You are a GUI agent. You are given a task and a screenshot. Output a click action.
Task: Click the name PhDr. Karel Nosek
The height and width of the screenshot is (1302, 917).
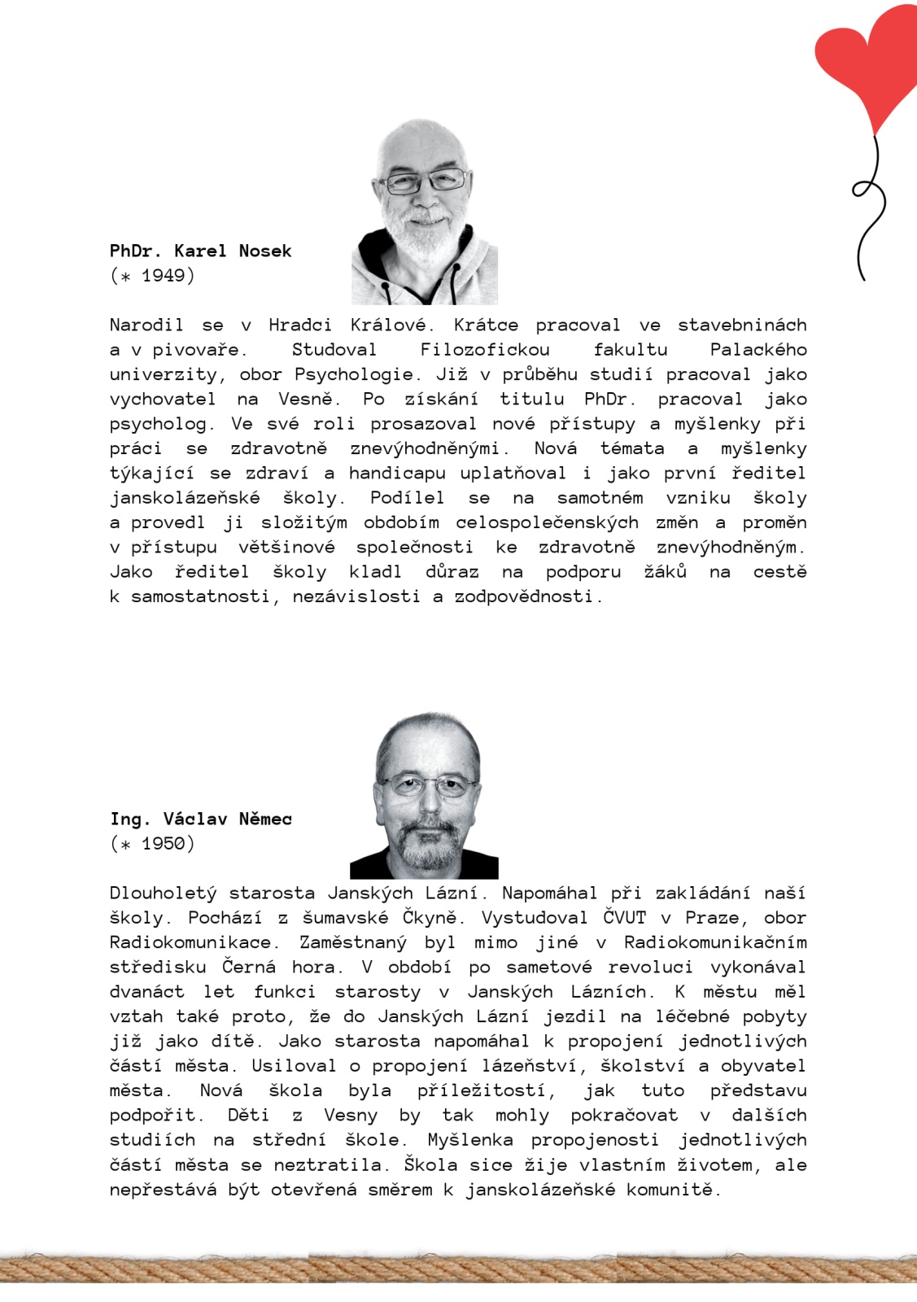click(x=200, y=251)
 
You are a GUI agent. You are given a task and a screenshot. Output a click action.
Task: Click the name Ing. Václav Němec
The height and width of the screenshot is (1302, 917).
click(x=200, y=819)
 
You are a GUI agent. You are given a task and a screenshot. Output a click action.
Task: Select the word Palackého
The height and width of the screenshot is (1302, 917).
click(x=758, y=350)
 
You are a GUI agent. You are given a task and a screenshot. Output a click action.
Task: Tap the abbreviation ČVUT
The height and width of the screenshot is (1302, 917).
click(x=624, y=918)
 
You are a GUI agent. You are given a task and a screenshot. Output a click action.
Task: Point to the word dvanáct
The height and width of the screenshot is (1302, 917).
click(x=146, y=992)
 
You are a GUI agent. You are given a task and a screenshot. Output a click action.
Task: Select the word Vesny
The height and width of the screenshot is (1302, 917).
click(x=351, y=1115)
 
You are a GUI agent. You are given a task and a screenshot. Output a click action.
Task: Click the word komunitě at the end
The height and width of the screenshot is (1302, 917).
click(x=673, y=1190)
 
